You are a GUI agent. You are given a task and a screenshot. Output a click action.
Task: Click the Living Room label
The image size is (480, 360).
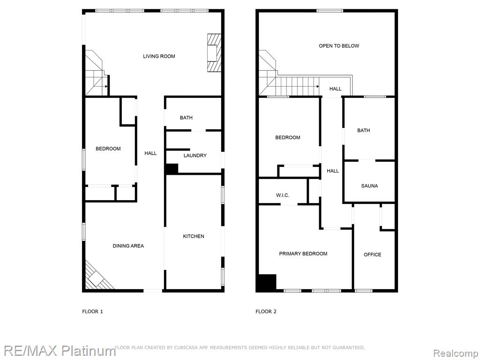pyautogui.click(x=159, y=56)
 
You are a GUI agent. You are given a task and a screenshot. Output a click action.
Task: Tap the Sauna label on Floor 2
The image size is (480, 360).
pyautogui.click(x=369, y=186)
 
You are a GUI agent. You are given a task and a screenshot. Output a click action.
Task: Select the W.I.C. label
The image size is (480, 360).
pyautogui.click(x=282, y=195)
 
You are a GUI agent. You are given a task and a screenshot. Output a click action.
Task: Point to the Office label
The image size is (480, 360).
pyautogui.click(x=372, y=255)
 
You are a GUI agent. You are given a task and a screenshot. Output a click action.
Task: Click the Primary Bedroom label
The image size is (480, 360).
pyautogui.click(x=303, y=254)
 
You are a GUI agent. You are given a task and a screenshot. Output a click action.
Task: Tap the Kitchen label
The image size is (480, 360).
pyautogui.click(x=194, y=236)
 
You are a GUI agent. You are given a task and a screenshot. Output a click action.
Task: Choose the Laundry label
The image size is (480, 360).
pyautogui.click(x=195, y=156)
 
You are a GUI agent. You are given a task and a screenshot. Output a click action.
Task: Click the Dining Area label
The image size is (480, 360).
pyautogui.click(x=128, y=246)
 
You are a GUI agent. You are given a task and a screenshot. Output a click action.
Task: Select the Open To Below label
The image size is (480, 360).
pyautogui.click(x=339, y=46)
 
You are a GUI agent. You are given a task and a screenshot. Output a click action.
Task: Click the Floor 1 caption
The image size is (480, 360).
pyautogui.click(x=92, y=312)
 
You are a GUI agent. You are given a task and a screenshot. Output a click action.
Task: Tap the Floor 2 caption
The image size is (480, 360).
pyautogui.click(x=266, y=312)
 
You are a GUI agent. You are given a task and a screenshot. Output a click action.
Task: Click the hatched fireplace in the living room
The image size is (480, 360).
pyautogui.click(x=214, y=53)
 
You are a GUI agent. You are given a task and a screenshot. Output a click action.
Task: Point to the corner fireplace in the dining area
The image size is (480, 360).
pyautogui.click(x=97, y=278)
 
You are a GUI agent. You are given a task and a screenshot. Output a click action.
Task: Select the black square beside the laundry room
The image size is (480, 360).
pyautogui.click(x=172, y=169)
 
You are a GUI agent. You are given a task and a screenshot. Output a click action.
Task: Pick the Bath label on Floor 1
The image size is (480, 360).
pyautogui.click(x=186, y=118)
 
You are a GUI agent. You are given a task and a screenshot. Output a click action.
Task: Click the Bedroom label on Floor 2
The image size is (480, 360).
pyautogui.click(x=287, y=138)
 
